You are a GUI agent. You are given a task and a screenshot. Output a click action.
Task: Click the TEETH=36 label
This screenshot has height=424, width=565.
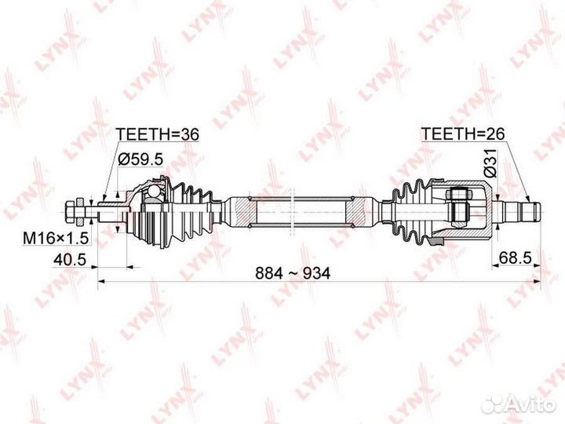[x=157, y=134]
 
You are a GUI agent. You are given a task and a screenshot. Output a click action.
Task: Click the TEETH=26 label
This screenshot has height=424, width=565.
[x=463, y=133]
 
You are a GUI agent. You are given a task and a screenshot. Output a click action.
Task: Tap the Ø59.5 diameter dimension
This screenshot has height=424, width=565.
[x=141, y=159]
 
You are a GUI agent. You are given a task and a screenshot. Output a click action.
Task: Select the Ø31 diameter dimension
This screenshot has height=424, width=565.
[x=490, y=163]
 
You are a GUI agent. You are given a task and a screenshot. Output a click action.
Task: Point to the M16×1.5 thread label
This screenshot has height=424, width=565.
[x=56, y=238]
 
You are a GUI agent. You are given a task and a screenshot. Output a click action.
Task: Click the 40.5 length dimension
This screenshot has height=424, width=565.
[x=70, y=259]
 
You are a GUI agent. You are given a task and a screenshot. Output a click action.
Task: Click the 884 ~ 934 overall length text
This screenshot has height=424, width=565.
[x=293, y=274]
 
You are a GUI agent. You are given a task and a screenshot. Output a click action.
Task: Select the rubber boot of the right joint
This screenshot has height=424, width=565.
[x=414, y=212]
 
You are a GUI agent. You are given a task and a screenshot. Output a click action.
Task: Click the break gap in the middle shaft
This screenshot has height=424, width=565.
[x=293, y=211]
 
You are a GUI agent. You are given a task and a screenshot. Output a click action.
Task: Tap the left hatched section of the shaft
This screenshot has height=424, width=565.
[x=246, y=211]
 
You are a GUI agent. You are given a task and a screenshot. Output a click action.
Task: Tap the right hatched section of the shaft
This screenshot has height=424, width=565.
[x=355, y=211]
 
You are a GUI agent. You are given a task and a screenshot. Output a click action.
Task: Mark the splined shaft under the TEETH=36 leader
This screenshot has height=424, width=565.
[x=111, y=211]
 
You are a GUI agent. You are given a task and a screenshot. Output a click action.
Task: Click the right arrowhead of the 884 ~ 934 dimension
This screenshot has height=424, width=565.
[x=537, y=281]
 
